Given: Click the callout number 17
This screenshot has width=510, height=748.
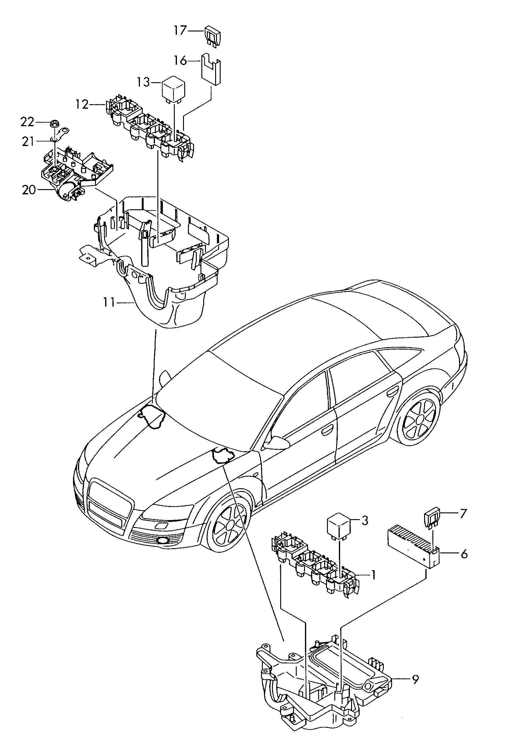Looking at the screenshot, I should [180, 31].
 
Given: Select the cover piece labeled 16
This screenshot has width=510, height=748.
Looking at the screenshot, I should [211, 70].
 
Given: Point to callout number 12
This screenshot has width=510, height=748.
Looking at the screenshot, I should [82, 104].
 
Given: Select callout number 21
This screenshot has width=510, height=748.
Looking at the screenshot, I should [28, 141].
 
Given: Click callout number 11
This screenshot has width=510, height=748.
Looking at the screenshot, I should [109, 302].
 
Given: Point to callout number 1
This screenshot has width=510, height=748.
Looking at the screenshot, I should [373, 575].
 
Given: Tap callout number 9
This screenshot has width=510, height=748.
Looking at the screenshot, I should [415, 680].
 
